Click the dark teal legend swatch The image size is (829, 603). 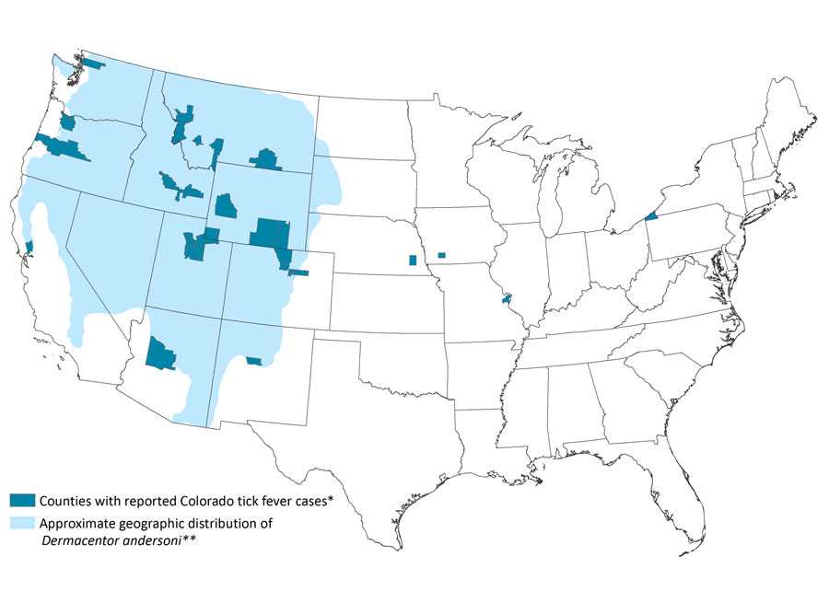click(22, 500)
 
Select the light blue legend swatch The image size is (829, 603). click(22, 523)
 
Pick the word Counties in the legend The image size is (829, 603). click(67, 500)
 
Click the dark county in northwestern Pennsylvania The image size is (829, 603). click(652, 215)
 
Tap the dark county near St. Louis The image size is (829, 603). click(506, 299)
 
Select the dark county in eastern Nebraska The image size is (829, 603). click(412, 260)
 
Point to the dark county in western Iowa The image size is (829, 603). click(442, 255)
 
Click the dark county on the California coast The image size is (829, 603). click(29, 246)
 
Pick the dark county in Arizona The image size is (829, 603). click(160, 354)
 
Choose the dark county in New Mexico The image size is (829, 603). click(254, 360)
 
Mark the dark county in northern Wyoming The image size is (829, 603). click(267, 159)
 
